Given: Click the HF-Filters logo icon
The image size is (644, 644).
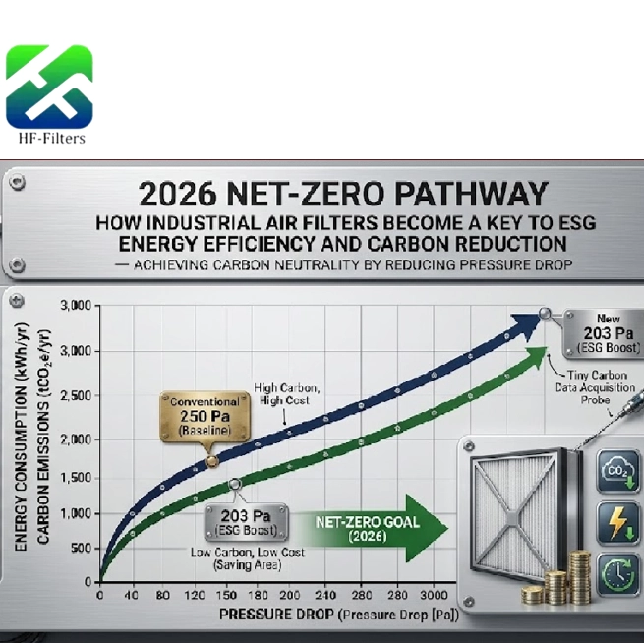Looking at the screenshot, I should click(49, 87).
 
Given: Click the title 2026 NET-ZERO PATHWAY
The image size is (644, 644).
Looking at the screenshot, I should click(329, 192).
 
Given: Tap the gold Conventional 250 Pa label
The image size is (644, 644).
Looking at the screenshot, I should click(205, 416).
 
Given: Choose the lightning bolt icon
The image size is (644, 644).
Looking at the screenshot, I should click(618, 522).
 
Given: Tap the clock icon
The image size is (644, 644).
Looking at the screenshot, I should click(618, 571).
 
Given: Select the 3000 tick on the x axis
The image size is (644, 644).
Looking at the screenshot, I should click(433, 597).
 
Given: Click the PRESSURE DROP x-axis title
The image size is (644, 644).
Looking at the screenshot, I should click(324, 616).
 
